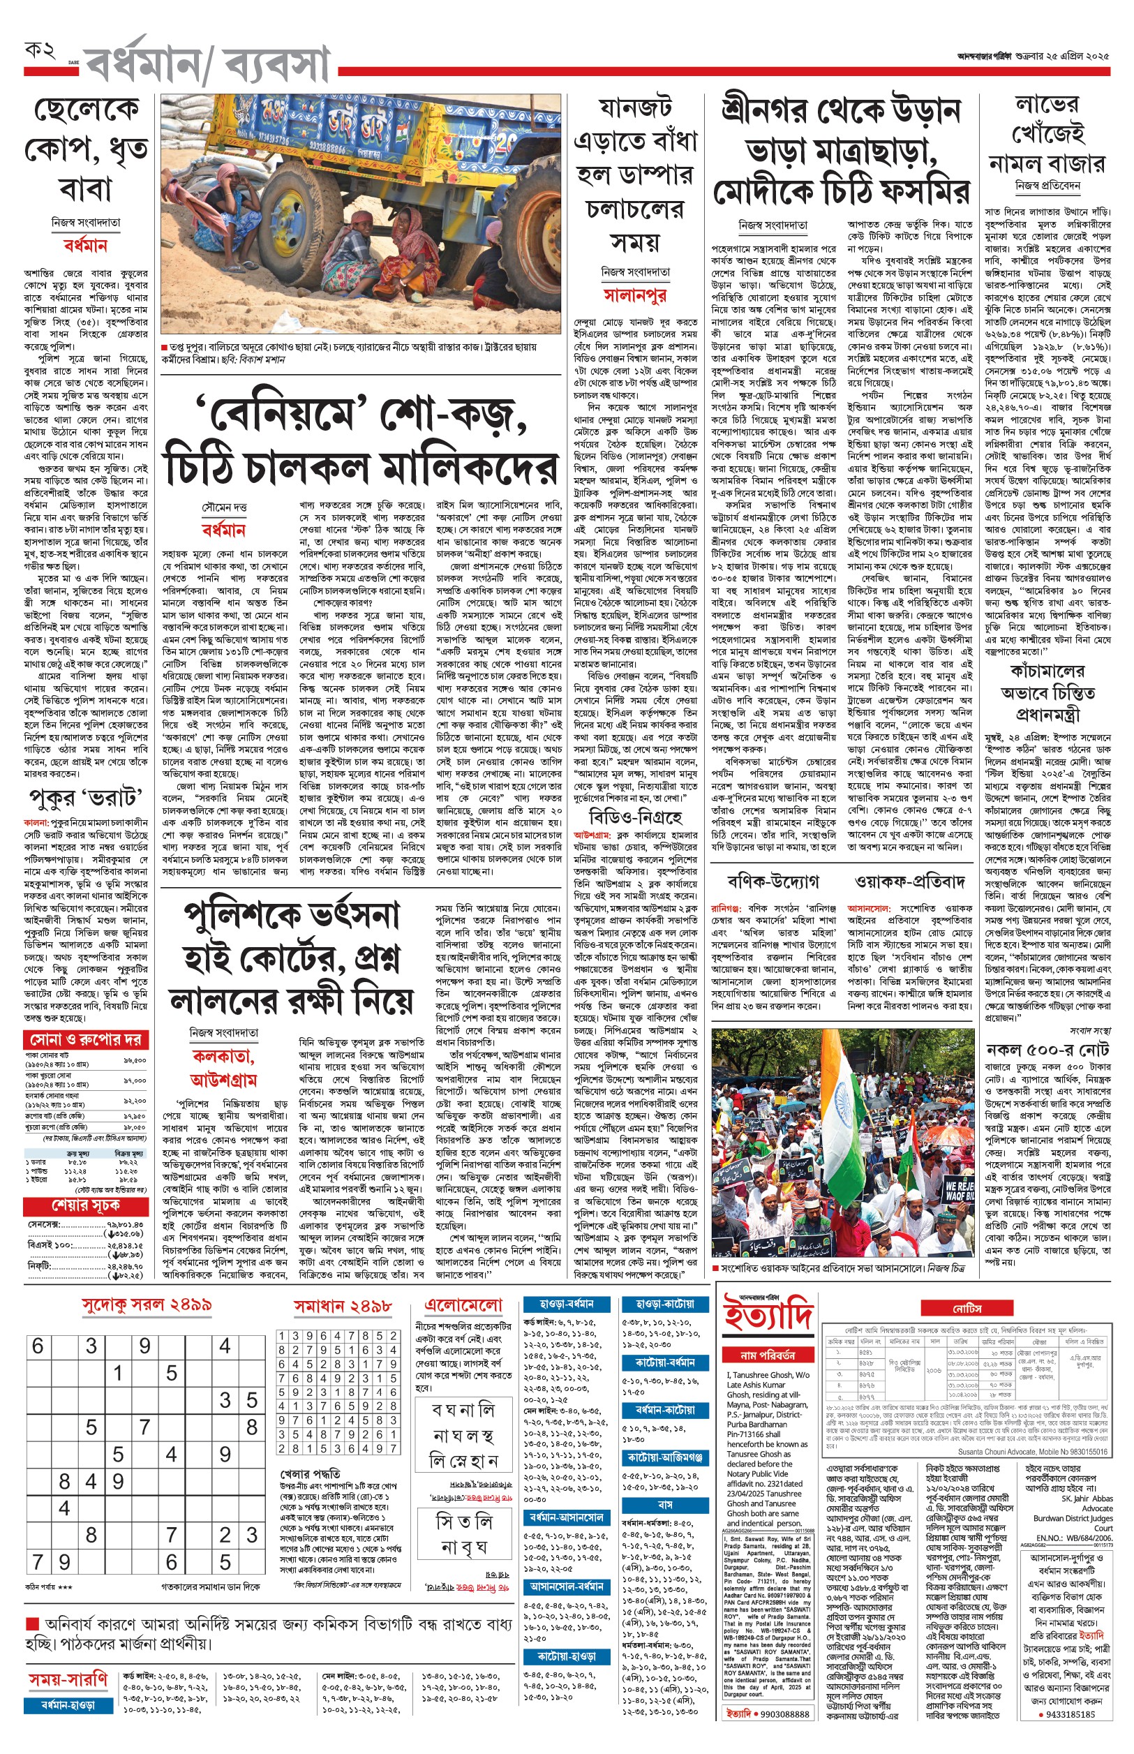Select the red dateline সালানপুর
635,295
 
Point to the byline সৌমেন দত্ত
224,507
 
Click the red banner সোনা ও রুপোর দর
86,1040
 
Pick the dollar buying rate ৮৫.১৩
77,1161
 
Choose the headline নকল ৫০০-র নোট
1049,1049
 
